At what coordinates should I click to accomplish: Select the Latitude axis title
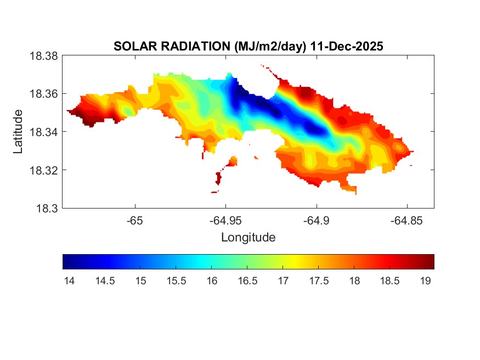click(x=18, y=132)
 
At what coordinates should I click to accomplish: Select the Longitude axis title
click(x=248, y=238)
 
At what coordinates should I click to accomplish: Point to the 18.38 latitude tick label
click(x=43, y=56)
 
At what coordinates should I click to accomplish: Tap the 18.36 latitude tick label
click(x=43, y=94)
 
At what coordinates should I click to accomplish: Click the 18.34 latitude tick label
click(x=43, y=132)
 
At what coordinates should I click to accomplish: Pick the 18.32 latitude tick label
click(x=43, y=170)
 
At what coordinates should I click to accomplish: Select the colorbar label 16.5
click(x=247, y=281)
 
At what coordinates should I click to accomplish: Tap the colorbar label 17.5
click(x=319, y=281)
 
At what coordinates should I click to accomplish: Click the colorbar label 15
click(x=140, y=281)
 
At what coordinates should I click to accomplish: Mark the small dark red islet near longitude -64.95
click(x=218, y=179)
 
